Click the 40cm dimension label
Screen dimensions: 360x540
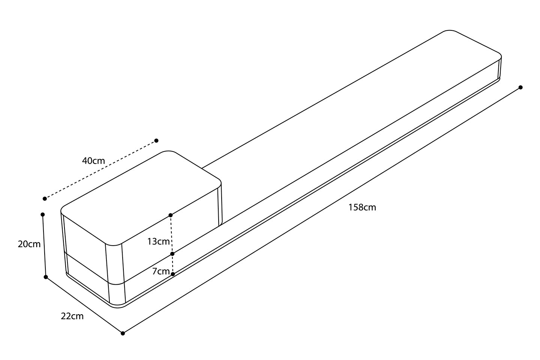[x=94, y=161]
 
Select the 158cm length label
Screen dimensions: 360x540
[x=362, y=207]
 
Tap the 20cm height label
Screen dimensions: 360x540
[x=29, y=244]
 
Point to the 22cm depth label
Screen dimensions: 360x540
[x=72, y=316]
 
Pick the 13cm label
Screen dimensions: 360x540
[x=158, y=241]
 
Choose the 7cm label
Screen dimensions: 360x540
[x=161, y=271]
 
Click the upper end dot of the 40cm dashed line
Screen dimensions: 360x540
[x=156, y=141]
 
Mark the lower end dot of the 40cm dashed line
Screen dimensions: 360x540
[x=45, y=198]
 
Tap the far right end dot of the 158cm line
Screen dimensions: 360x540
[x=520, y=87]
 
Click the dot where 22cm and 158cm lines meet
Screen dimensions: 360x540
[x=123, y=333]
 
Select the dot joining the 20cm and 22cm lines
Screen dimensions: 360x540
[x=46, y=277]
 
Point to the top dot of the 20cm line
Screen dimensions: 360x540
[x=43, y=214]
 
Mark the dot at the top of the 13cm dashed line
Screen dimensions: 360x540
[x=171, y=215]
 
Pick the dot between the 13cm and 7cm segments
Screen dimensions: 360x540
[x=172, y=254]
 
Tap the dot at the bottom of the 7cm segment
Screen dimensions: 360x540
[x=172, y=274]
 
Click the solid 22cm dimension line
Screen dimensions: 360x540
[x=84, y=305]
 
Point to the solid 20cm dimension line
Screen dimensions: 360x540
[x=44, y=246]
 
